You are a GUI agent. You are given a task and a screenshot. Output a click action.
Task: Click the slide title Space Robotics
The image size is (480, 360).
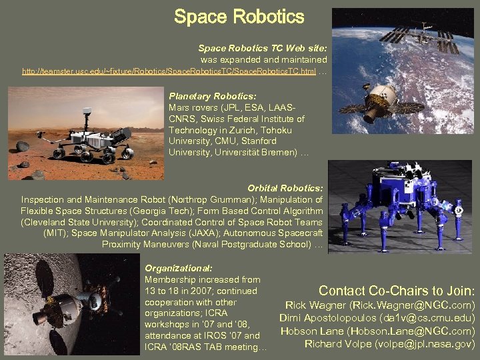[239, 17]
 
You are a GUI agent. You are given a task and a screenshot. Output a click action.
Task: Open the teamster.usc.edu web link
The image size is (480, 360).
[169, 71]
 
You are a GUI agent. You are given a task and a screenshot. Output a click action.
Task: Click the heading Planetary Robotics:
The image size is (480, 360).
[203, 96]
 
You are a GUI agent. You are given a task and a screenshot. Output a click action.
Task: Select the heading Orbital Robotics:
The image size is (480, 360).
[285, 189]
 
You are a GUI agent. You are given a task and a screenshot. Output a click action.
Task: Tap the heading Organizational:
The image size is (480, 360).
[178, 267]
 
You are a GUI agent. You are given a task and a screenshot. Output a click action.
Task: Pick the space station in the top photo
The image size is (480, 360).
[421, 36]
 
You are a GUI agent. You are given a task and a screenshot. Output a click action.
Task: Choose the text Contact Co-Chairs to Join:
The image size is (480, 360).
[397, 291]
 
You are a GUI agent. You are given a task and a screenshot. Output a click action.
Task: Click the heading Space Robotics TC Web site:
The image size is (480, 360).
[262, 49]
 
